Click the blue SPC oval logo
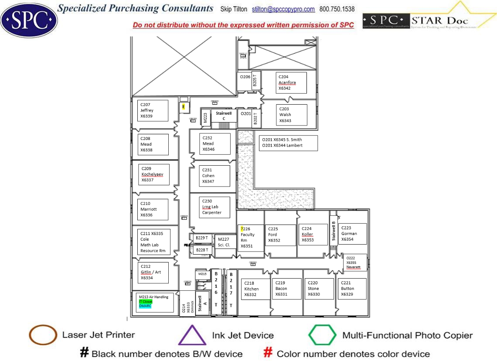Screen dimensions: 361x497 [29, 20]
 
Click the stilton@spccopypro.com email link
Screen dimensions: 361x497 [283, 9]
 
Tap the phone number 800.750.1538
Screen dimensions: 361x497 [337, 9]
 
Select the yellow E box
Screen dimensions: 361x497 [184, 106]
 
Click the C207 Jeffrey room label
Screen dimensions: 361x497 [150, 111]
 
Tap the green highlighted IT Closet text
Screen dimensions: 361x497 [146, 301]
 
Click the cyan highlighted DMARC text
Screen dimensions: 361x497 [145, 306]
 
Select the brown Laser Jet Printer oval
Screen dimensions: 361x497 [43, 335]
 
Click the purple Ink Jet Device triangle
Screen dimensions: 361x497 [192, 336]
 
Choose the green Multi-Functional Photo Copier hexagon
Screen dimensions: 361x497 [322, 335]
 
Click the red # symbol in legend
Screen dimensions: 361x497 [269, 353]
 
